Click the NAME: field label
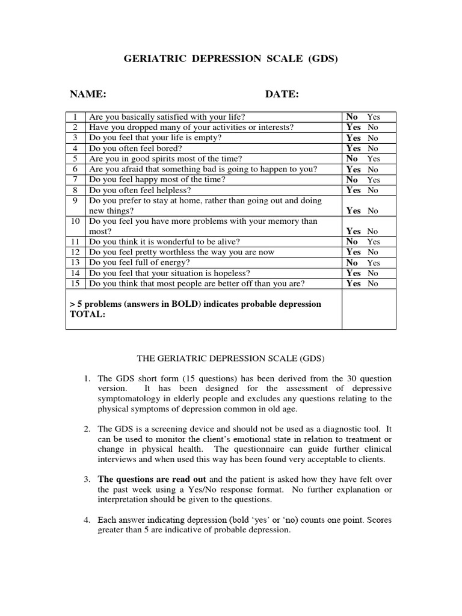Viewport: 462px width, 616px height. point(88,94)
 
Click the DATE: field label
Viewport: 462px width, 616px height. point(282,94)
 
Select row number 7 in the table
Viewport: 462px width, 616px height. point(76,179)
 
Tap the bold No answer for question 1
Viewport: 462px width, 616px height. point(352,117)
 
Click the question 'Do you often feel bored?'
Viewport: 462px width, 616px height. point(135,148)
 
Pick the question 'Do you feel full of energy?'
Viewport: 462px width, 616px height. point(140,263)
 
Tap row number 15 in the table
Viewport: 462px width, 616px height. point(76,283)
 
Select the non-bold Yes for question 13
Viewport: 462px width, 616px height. point(374,263)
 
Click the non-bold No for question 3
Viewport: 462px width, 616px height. point(373,138)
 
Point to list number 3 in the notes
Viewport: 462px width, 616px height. point(87,479)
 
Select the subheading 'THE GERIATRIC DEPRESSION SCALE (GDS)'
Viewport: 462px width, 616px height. point(231,359)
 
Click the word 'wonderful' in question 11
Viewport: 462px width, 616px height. point(164,242)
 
